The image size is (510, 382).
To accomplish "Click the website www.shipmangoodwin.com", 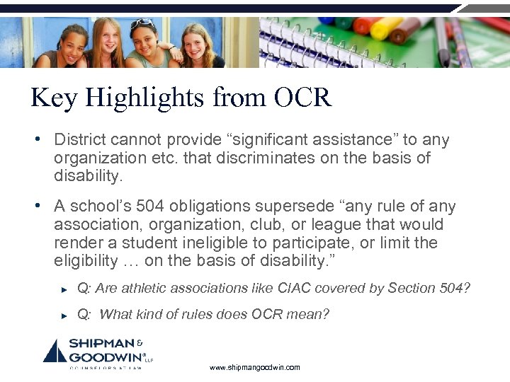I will [255, 367].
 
